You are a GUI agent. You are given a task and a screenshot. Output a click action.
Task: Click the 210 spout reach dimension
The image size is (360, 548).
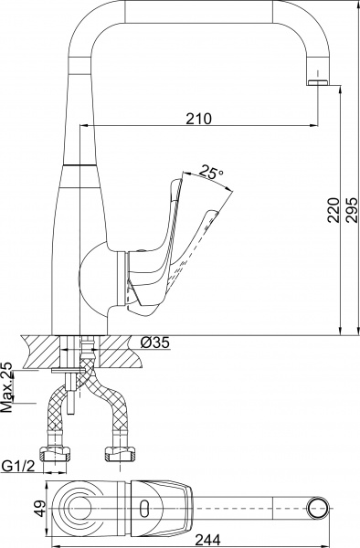(x=198, y=119)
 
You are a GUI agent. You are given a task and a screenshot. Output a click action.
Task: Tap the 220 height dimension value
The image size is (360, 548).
(x=334, y=210)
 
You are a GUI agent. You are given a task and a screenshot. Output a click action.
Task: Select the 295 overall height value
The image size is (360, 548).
(x=351, y=210)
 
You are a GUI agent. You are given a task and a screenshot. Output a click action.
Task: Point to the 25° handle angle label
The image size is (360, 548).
(x=211, y=173)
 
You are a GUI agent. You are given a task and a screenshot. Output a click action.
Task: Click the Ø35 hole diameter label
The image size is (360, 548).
(x=154, y=342)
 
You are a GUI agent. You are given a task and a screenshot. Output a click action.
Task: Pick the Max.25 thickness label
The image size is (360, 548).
(x=6, y=386)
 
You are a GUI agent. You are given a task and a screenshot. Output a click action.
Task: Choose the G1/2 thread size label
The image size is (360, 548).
(x=18, y=466)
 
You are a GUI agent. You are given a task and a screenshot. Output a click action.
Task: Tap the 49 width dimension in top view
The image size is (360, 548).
(x=40, y=508)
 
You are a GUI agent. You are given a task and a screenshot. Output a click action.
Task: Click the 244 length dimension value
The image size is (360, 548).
(x=207, y=540)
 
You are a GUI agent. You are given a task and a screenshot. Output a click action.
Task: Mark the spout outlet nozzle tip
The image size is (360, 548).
(x=318, y=82)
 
